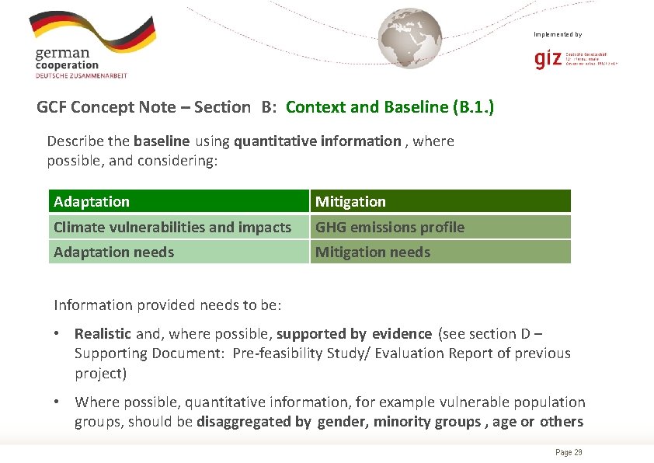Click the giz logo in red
click(548, 60)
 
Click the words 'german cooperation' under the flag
click(68, 60)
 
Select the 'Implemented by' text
click(557, 34)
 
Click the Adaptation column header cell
click(178, 201)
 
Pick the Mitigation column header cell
click(440, 201)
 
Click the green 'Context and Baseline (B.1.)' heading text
click(389, 107)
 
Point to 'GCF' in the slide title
click(51, 107)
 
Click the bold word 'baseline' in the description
click(162, 141)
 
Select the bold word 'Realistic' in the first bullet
click(103, 334)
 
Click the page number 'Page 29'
click(569, 452)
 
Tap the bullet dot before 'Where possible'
click(57, 402)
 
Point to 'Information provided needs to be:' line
click(167, 305)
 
